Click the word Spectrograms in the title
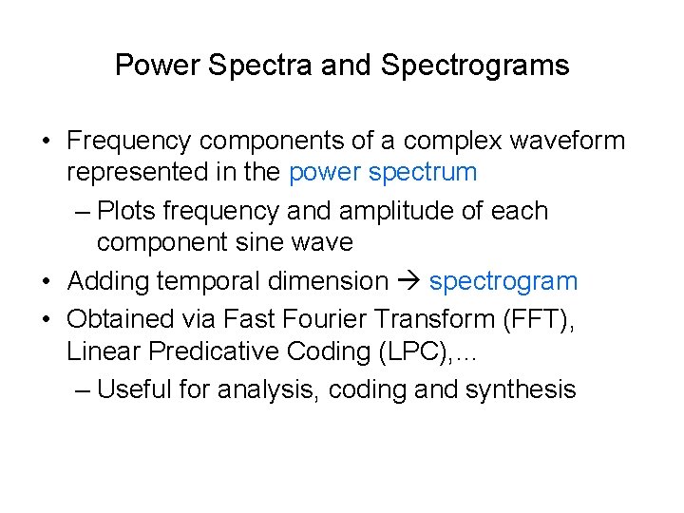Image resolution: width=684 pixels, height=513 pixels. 475,66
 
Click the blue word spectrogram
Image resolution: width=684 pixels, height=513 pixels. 503,282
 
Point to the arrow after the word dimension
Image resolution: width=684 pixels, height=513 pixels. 408,282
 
